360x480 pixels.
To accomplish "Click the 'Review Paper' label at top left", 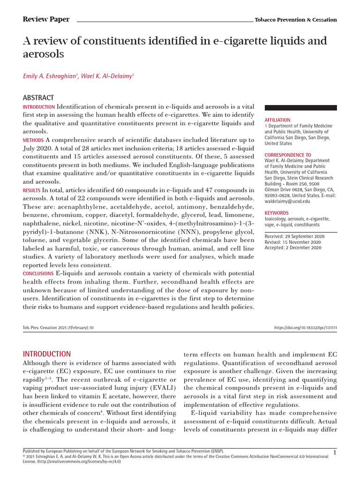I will pyautogui.click(x=46, y=19).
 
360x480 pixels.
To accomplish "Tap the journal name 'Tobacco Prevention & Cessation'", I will pyautogui.click(x=295, y=20).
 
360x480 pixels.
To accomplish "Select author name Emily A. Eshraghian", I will pyautogui.click(x=51, y=76).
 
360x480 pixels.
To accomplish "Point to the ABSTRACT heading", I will pyautogui.click(x=38, y=97).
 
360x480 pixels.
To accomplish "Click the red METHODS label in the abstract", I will pyautogui.click(x=33, y=140).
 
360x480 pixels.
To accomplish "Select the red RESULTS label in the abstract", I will pyautogui.click(x=32, y=190).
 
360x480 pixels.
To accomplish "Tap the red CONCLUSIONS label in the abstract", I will pyautogui.click(x=38, y=273).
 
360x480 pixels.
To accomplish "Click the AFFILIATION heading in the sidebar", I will pyautogui.click(x=277, y=120).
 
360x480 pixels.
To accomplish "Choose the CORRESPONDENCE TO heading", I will pyautogui.click(x=288, y=155).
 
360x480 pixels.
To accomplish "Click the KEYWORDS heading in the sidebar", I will pyautogui.click(x=277, y=213).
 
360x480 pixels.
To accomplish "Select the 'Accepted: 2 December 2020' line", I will pyautogui.click(x=293, y=247).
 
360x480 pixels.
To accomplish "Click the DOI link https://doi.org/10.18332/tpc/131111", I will pyautogui.click(x=305, y=328).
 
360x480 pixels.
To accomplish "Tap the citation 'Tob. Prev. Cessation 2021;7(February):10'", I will pyautogui.click(x=59, y=328).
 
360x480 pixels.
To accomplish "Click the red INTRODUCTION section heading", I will pyautogui.click(x=47, y=354).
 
